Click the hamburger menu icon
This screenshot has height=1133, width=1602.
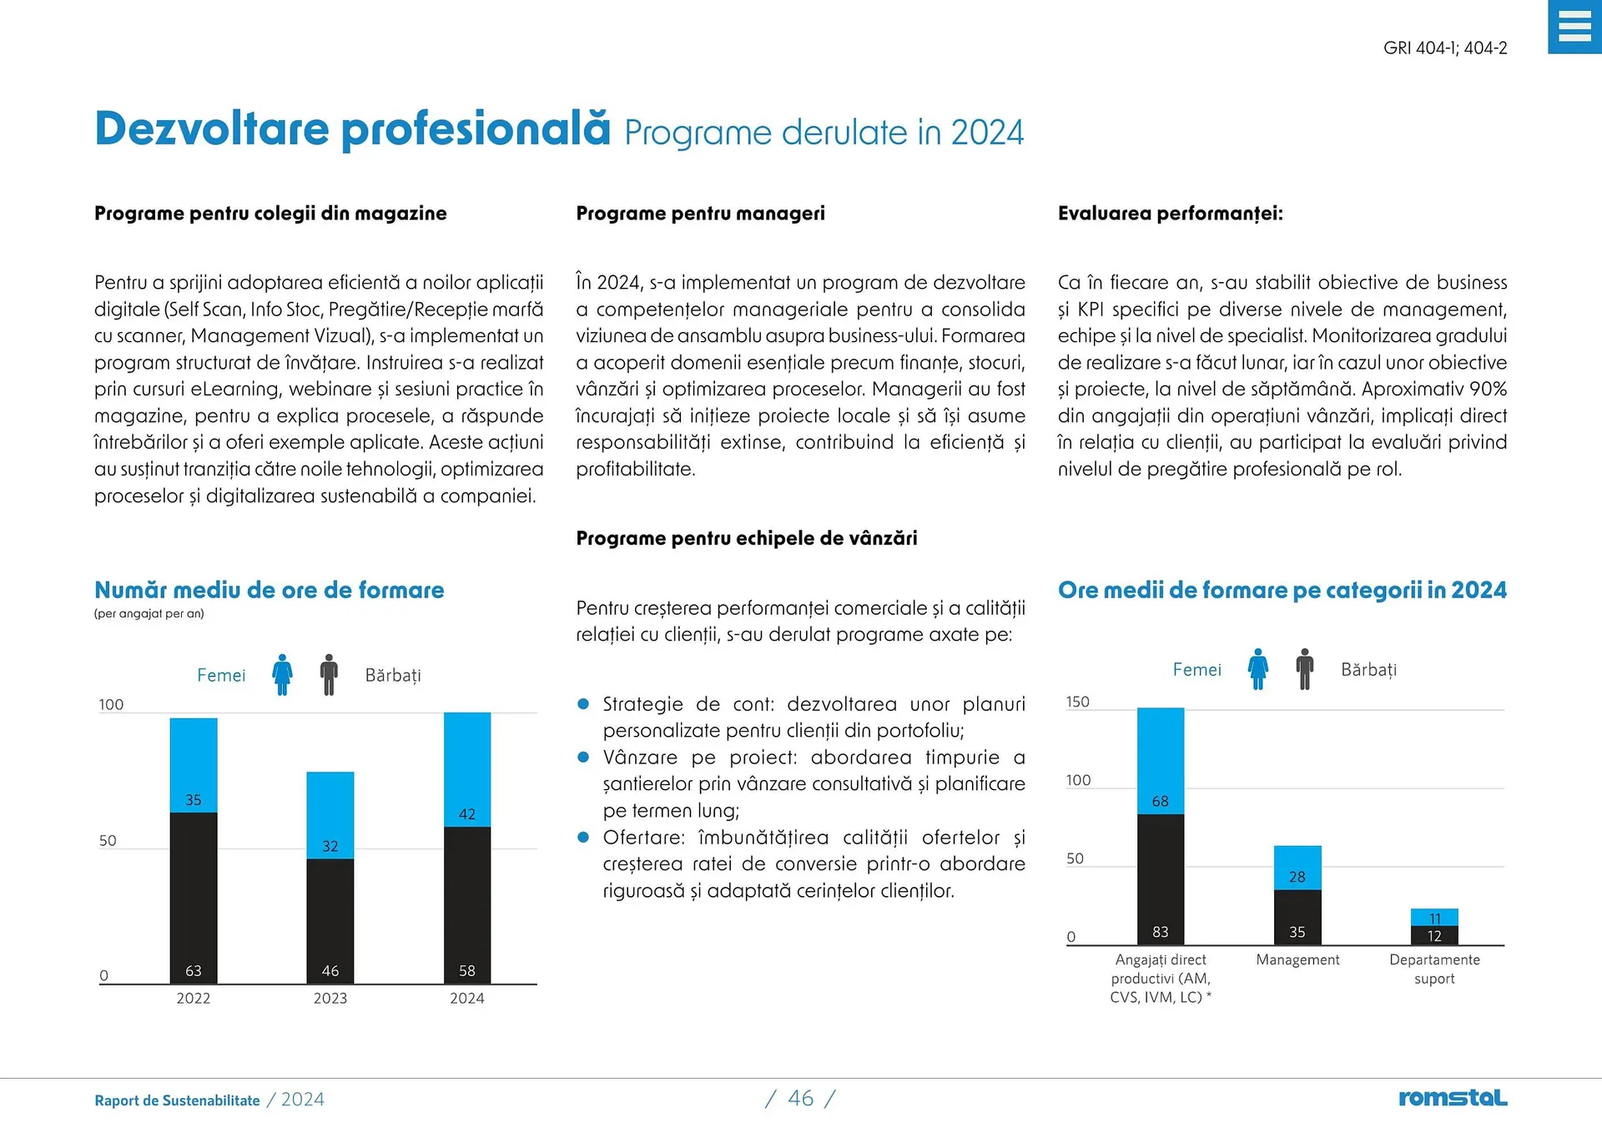tap(1574, 27)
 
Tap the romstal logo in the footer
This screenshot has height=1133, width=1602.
tap(1453, 1098)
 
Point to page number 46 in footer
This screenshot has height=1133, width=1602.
tap(800, 1098)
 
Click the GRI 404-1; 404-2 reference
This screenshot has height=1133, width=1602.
tap(1445, 48)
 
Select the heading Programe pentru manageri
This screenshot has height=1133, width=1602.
tap(700, 214)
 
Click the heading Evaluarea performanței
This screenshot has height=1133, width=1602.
tap(1170, 214)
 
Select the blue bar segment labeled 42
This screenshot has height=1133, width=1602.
tap(467, 769)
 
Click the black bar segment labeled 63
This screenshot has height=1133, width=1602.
tap(194, 898)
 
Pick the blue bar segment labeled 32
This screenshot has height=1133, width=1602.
tap(330, 815)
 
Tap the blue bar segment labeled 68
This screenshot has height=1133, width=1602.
tap(1161, 761)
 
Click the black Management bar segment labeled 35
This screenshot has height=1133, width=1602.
tap(1297, 917)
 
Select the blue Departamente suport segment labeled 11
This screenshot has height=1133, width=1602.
tap(1434, 917)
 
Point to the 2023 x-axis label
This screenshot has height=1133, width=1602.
tap(330, 998)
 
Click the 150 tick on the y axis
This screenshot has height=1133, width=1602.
tap(1078, 702)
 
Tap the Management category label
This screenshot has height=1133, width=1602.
tap(1297, 960)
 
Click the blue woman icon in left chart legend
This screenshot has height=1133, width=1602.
tap(283, 674)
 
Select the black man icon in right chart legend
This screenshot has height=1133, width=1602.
tap(1305, 668)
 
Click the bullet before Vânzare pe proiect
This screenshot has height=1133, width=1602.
tap(584, 758)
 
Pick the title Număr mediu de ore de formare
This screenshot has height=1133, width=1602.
tap(269, 590)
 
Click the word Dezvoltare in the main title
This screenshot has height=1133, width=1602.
tap(212, 129)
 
